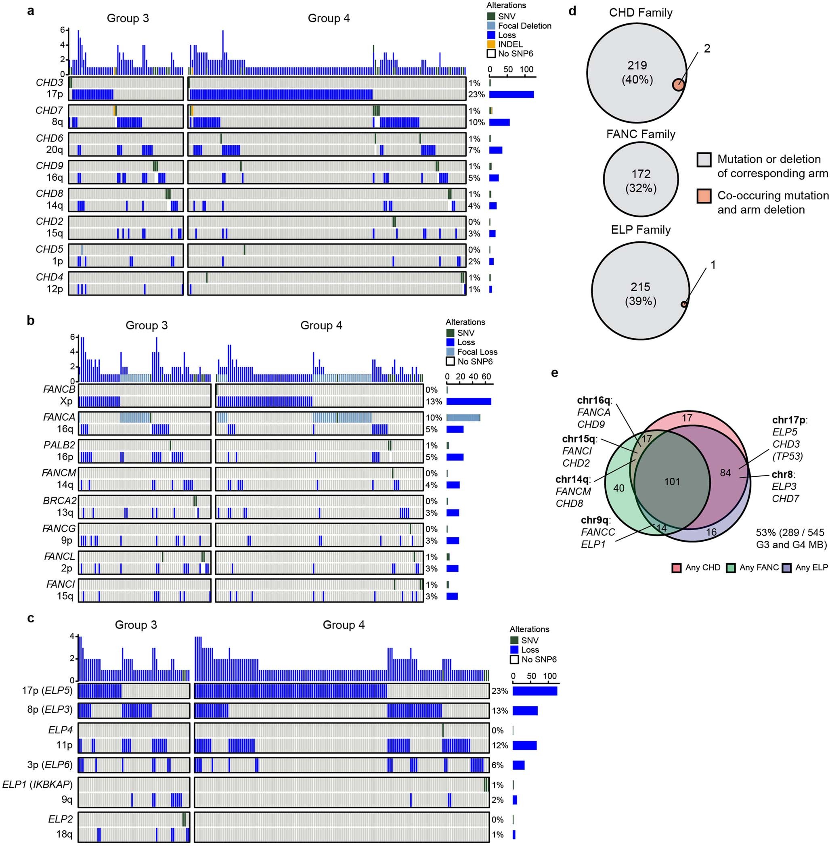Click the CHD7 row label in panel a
(49, 110)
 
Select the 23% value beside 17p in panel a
(476, 94)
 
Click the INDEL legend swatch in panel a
(491, 44)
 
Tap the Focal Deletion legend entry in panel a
(524, 26)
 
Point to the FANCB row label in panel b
(59, 389)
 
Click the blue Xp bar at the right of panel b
(469, 402)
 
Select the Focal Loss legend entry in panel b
(477, 352)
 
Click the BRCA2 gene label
(59, 500)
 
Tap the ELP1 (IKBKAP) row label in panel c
(38, 785)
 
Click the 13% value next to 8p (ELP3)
(499, 710)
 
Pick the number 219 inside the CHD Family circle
(637, 65)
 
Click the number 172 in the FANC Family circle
(641, 174)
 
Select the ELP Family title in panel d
(640, 230)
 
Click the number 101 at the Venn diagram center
(672, 481)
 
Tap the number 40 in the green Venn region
(618, 488)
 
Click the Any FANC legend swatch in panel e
(731, 567)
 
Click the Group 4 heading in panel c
(344, 624)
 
